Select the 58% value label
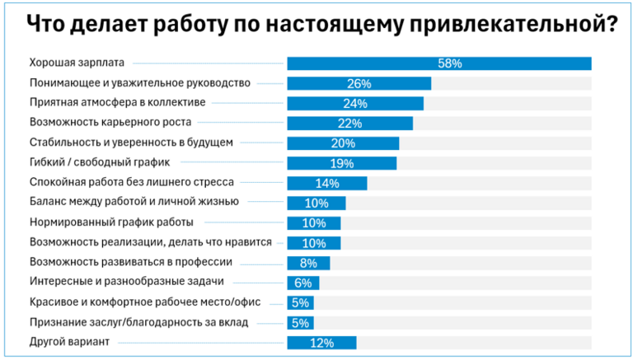(450, 63)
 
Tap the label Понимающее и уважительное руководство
(139, 83)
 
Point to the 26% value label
(359, 83)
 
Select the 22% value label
(349, 124)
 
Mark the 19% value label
(342, 163)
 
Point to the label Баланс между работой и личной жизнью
(134, 203)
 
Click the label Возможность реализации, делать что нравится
(150, 243)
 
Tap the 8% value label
(308, 264)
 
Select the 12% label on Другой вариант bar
(321, 343)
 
